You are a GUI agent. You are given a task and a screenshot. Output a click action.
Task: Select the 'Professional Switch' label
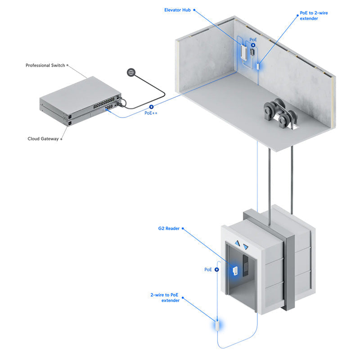click(x=45, y=65)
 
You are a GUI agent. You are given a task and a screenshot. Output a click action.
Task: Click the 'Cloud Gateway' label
click(x=43, y=139)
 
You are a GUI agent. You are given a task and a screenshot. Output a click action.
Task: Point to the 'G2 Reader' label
click(x=169, y=229)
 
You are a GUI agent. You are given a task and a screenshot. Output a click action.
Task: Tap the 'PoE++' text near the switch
click(x=151, y=113)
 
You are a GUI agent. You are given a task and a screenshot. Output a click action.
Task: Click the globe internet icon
click(x=131, y=72)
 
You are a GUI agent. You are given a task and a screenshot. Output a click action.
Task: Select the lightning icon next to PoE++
click(x=151, y=107)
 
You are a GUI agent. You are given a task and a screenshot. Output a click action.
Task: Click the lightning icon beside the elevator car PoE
click(x=217, y=270)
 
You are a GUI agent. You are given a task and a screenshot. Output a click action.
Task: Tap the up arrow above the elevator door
click(x=237, y=243)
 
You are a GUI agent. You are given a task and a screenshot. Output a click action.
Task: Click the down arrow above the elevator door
click(x=246, y=247)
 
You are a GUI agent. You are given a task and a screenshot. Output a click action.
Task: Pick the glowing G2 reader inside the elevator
click(x=235, y=271)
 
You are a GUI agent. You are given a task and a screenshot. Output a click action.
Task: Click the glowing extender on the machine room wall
click(x=259, y=66)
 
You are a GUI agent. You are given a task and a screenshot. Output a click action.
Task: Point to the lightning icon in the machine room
click(x=253, y=45)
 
